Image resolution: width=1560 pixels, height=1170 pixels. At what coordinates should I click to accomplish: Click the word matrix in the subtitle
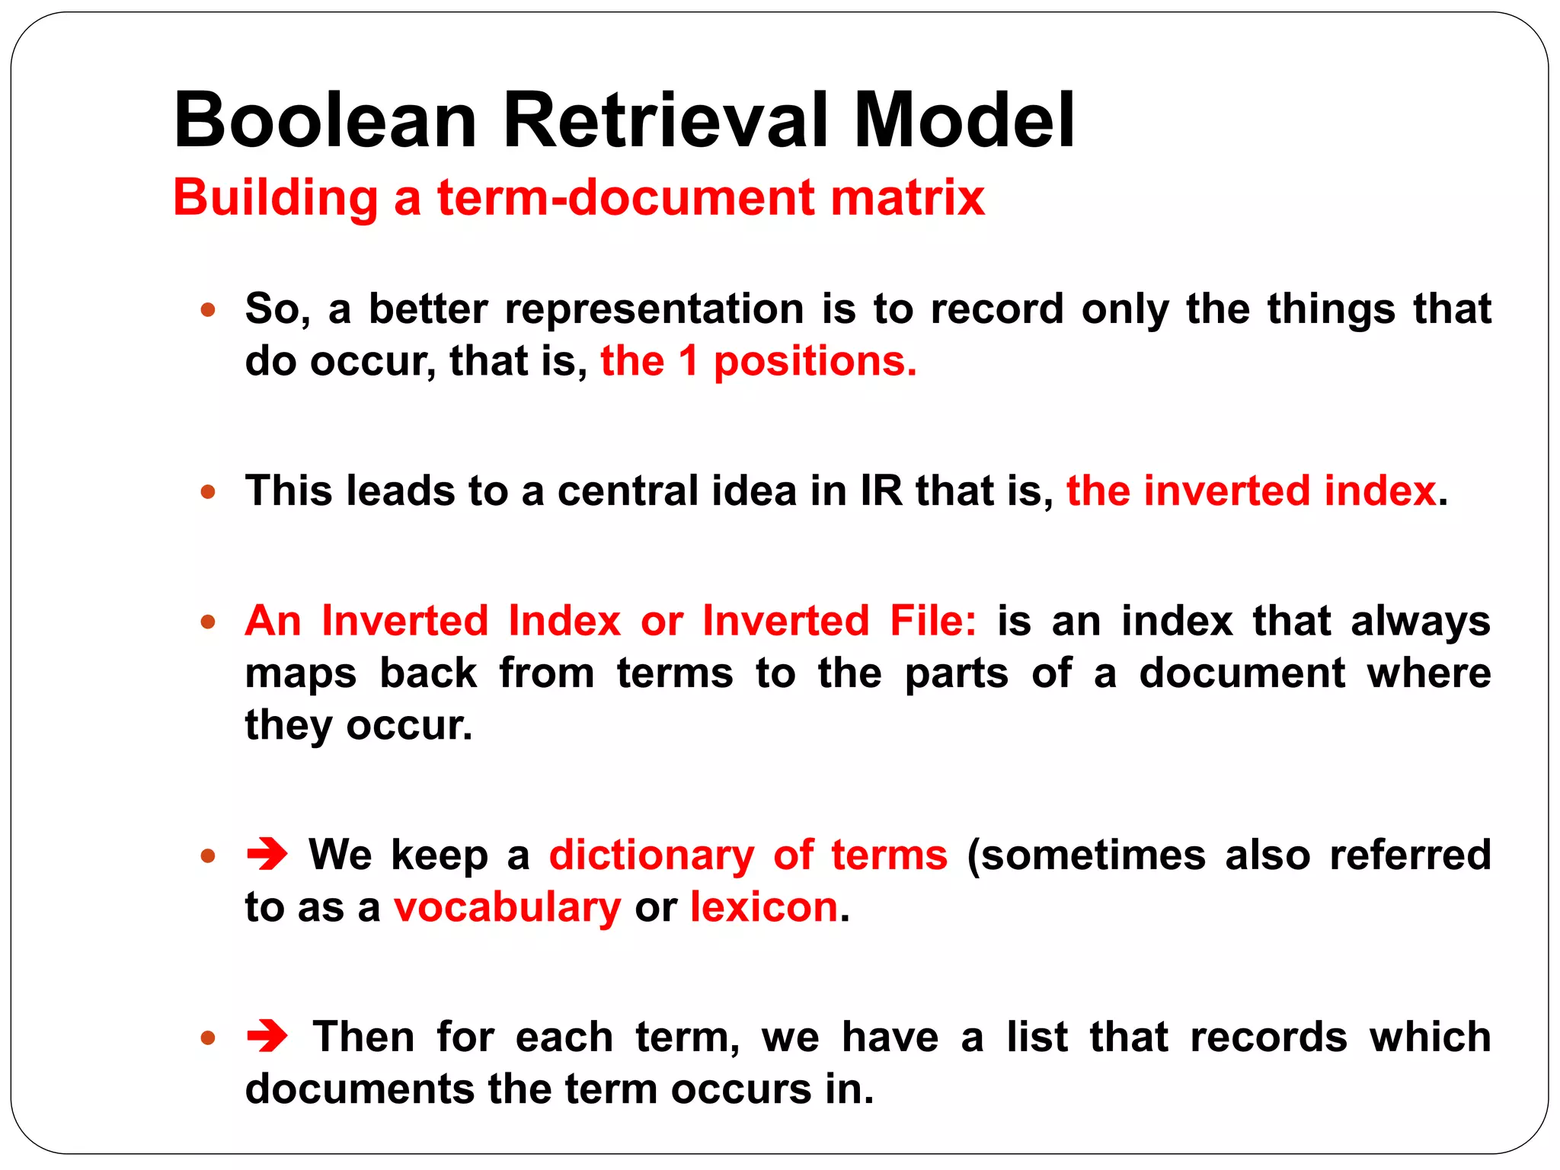pyautogui.click(x=908, y=198)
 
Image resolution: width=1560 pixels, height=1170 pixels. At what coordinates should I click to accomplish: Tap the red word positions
pyautogui.click(x=815, y=363)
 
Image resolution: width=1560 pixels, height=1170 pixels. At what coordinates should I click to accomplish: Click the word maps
pyautogui.click(x=301, y=674)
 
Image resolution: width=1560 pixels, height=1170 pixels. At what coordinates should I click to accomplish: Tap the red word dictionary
pyautogui.click(x=651, y=855)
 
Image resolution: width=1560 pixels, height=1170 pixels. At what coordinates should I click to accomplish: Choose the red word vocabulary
pyautogui.click(x=507, y=909)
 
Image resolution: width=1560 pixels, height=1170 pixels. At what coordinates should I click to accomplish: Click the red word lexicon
pyautogui.click(x=764, y=907)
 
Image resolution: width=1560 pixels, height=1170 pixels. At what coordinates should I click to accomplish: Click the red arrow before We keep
pyautogui.click(x=267, y=854)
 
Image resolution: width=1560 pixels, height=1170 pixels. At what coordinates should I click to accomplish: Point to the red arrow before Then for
pyautogui.click(x=267, y=1036)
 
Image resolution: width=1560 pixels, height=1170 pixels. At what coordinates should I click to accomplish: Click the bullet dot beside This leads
pyautogui.click(x=208, y=492)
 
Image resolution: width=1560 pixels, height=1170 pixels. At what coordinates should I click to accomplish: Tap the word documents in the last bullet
pyautogui.click(x=360, y=1089)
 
